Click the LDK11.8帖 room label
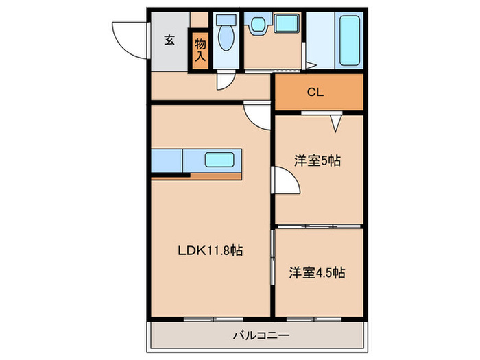(x=211, y=251)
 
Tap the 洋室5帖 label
(x=317, y=160)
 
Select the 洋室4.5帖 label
(x=317, y=272)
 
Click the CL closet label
(x=315, y=92)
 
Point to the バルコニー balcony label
(x=261, y=335)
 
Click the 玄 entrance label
(x=169, y=40)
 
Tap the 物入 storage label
(x=200, y=49)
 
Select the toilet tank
(x=226, y=20)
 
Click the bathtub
(x=349, y=40)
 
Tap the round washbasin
(x=259, y=24)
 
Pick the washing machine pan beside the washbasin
(x=286, y=23)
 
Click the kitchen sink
(x=219, y=160)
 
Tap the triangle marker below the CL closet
(x=335, y=123)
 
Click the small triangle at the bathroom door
(x=311, y=66)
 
